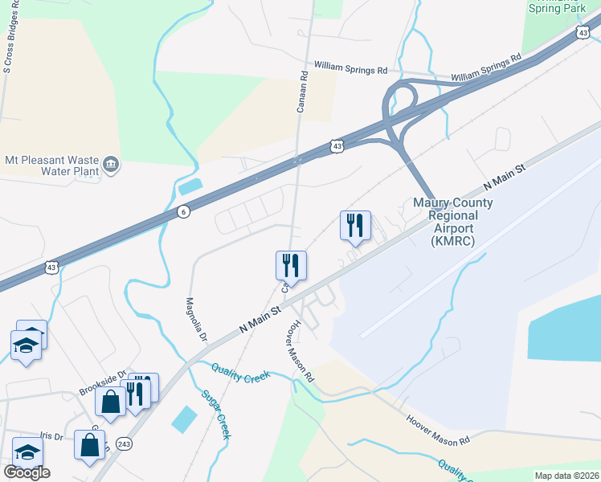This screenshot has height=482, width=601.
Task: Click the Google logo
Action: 27,472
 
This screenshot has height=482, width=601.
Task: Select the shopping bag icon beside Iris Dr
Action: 89,443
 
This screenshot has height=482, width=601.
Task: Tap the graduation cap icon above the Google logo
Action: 27,451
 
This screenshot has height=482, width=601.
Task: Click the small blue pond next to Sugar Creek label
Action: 184,419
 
